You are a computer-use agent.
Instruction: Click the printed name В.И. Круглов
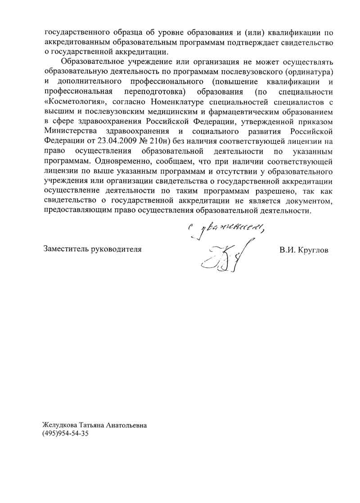click(304, 249)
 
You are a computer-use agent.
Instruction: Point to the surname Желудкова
click(60, 425)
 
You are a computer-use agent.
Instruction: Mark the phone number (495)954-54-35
click(66, 434)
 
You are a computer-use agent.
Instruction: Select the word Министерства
click(71, 131)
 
